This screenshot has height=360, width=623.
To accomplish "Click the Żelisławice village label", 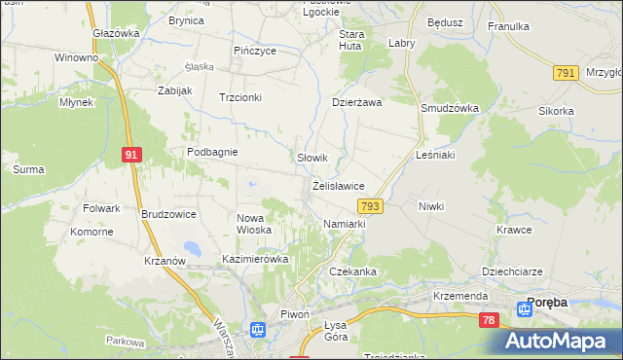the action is pos(339,186).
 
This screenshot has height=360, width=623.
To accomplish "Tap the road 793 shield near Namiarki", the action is pos(369,206).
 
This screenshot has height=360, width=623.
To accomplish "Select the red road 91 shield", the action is pos(131,153).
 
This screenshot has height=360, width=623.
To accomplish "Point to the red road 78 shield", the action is pos(489,319).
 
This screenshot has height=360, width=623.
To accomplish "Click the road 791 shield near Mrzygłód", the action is pos(565,73).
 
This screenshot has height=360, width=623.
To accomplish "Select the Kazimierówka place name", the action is pos(256,260).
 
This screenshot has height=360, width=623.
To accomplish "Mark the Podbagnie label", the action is pos(213,152).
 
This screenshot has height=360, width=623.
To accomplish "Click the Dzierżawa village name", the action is pos(357,101).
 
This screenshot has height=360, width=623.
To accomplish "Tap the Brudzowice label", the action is pos(168,214).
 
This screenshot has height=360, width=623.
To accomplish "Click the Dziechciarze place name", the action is pos(510,271).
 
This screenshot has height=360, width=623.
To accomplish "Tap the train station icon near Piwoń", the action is pos(258,330).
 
